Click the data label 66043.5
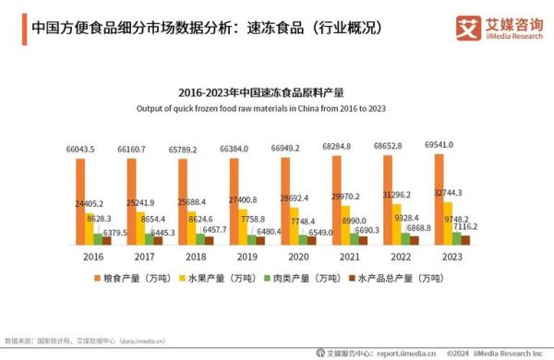tap(81, 149)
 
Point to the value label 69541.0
tap(436, 145)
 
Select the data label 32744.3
tap(447, 193)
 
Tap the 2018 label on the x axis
tap(195, 259)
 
